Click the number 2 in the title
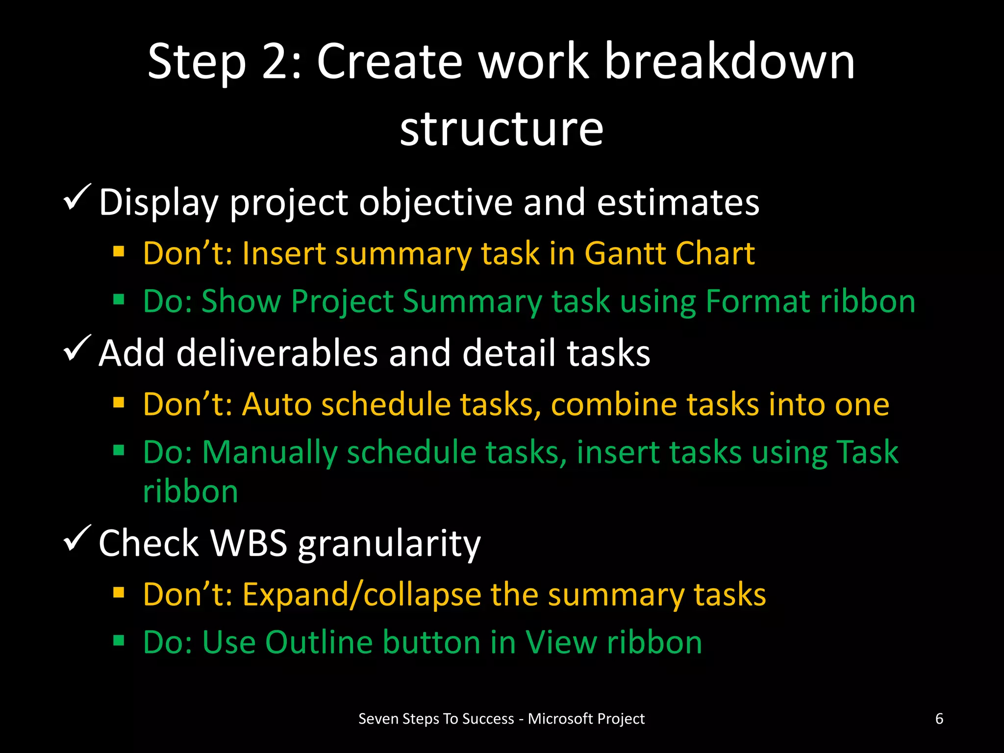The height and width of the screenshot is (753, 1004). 278,62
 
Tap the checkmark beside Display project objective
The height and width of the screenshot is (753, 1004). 77,197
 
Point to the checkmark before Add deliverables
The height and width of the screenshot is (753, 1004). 77,348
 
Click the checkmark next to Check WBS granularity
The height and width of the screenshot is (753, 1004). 77,538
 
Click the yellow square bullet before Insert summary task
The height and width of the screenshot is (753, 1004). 119,252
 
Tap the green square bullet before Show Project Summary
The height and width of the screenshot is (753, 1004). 119,299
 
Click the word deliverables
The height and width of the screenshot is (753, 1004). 277,353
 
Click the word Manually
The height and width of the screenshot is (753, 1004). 269,453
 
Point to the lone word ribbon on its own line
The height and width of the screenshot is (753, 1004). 190,491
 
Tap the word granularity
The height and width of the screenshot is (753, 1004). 389,545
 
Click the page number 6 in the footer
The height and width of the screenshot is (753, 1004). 939,719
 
